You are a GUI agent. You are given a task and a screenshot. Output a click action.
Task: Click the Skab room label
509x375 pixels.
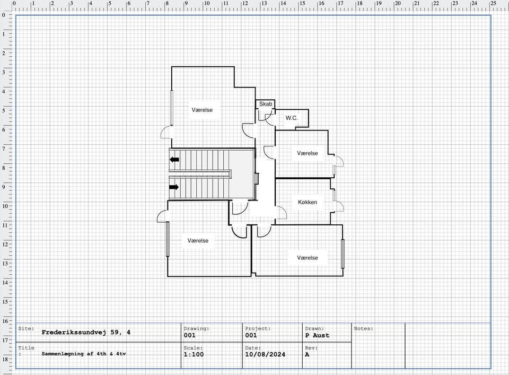[x=266, y=104]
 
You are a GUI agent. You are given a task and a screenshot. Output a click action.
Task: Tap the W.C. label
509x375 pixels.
[x=292, y=118]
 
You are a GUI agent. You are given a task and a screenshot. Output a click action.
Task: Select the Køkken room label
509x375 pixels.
[x=308, y=202]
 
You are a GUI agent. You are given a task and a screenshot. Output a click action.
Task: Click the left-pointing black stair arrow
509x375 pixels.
[x=174, y=160]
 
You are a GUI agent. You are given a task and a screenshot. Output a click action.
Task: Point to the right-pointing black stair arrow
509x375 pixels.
[x=174, y=187]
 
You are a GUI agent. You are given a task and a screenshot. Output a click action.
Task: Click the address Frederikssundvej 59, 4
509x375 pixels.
[x=86, y=332]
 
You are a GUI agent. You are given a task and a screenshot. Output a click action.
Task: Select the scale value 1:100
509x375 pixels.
[x=194, y=354]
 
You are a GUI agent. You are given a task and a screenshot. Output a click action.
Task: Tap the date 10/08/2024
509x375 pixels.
[x=265, y=354]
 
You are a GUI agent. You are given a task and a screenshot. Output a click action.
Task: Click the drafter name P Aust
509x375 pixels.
[x=317, y=335]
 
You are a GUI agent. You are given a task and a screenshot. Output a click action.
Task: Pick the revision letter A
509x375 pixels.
[x=307, y=354]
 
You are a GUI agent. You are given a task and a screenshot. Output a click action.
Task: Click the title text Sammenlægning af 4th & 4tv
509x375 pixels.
[x=84, y=354]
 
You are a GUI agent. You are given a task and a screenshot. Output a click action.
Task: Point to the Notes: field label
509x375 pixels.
[x=364, y=328]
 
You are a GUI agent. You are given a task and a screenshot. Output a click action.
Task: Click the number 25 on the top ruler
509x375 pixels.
[x=493, y=3]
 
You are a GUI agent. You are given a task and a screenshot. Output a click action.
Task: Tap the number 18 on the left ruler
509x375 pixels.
[x=5, y=359]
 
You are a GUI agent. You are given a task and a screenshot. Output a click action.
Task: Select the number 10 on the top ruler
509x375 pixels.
[x=206, y=3]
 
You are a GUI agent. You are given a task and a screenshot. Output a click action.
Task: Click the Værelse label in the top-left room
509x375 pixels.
[x=202, y=110]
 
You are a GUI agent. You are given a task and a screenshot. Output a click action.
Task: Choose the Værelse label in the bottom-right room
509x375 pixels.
[x=308, y=258]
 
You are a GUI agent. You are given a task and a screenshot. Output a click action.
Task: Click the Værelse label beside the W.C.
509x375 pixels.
[x=308, y=153]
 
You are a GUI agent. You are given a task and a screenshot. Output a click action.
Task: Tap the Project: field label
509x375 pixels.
[x=258, y=328]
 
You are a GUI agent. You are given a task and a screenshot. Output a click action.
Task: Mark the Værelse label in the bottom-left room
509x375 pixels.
[x=198, y=241]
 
